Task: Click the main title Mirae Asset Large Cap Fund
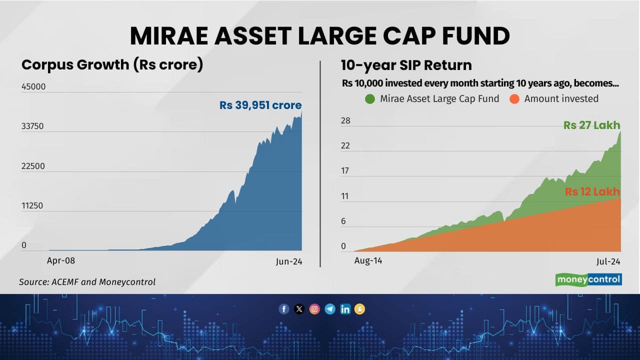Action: tap(320, 36)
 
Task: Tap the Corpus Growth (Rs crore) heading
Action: tap(112, 65)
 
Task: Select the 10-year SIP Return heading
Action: tap(406, 65)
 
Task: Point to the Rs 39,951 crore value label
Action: tap(260, 105)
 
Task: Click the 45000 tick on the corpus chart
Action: tap(33, 86)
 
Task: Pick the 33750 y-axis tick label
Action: tap(33, 126)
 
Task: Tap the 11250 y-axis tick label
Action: tap(33, 205)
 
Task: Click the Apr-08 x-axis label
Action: tap(61, 260)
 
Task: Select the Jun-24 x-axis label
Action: tap(289, 261)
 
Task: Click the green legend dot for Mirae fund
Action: tap(370, 98)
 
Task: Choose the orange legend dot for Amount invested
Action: tap(514, 98)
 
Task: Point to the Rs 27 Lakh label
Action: tap(591, 125)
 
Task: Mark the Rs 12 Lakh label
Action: tap(592, 191)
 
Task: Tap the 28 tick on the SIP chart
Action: tap(345, 121)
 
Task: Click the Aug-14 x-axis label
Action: tap(368, 260)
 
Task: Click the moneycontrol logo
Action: tap(588, 279)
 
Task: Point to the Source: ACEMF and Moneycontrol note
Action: tap(87, 282)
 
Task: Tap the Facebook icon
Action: tap(284, 309)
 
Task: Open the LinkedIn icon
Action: tap(345, 309)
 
